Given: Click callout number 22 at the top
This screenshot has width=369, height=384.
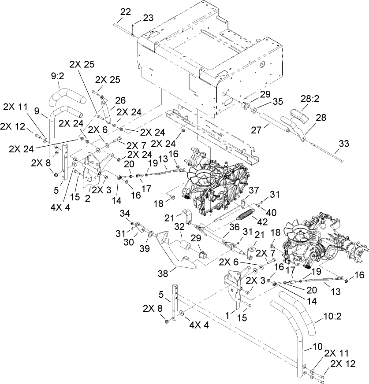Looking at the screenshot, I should [x=126, y=12].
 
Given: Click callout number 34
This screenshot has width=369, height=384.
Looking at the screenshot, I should [x=125, y=213].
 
